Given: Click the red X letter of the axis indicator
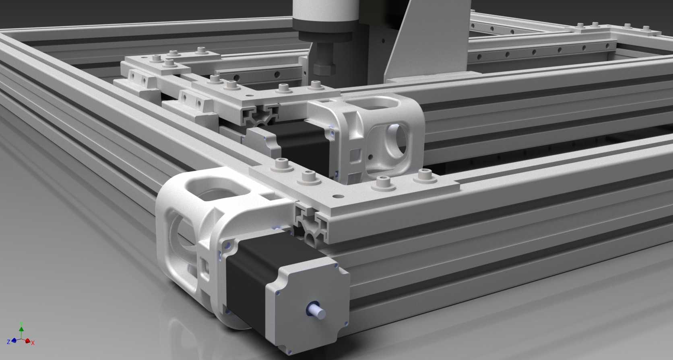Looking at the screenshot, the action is [33, 343].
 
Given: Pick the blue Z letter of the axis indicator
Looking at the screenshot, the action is [9, 341].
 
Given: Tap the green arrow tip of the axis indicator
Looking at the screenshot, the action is [21, 329].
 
